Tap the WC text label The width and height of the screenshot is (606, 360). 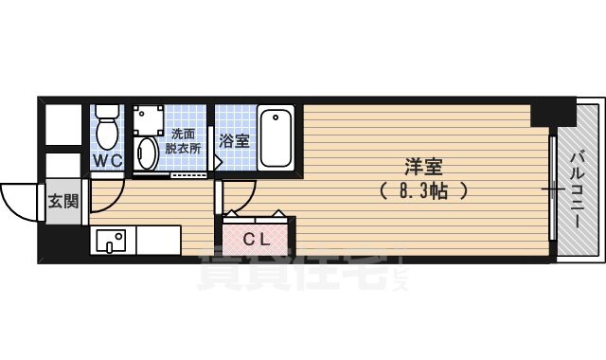point(106,161)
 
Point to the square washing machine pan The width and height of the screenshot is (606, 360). point(149,117)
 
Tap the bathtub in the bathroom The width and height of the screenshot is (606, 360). point(277,137)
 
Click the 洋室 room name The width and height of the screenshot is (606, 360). point(424,167)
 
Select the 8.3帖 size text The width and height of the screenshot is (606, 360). point(424,189)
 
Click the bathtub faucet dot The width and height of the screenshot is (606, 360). point(276,118)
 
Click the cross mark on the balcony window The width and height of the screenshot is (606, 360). point(550,190)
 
